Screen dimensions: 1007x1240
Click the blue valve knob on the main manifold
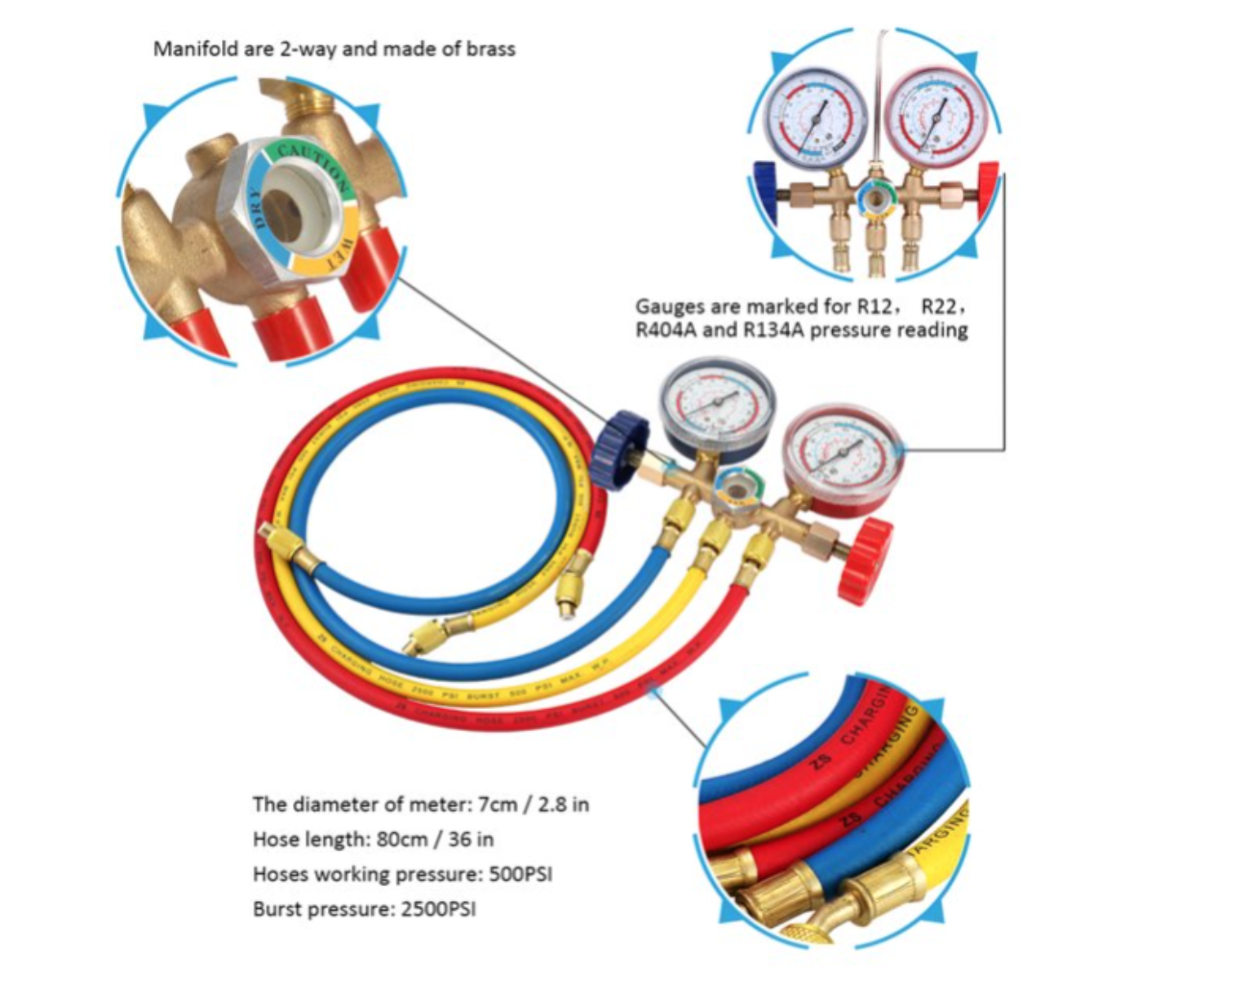tap(619, 449)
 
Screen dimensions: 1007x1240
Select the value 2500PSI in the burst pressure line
tap(438, 909)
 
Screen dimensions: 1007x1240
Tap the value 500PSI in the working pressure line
tap(520, 874)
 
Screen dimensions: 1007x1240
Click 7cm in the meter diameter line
tap(497, 805)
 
